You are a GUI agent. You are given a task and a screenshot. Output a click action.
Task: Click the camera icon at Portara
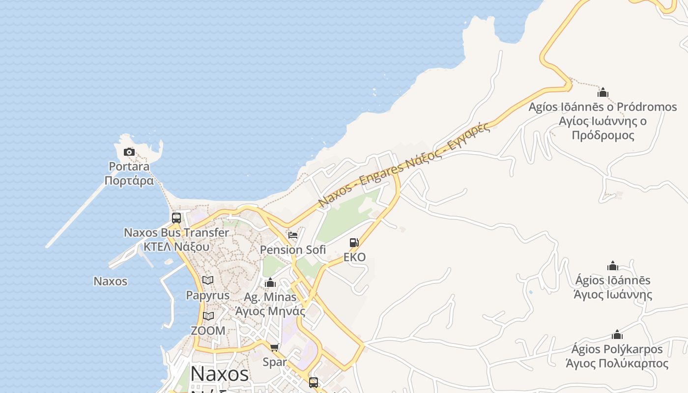coord(129,152)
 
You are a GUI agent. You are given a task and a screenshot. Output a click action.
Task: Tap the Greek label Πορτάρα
coord(129,181)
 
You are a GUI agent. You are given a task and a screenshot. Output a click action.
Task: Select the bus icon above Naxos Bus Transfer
coord(176,218)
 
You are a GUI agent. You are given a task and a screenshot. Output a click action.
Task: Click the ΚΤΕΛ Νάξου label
coord(176,247)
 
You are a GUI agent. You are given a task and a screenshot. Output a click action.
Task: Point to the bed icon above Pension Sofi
coord(293,235)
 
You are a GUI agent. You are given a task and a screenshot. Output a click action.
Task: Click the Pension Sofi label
coord(293,250)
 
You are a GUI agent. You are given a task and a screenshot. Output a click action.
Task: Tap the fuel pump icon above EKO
coord(354,243)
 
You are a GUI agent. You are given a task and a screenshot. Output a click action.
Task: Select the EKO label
coord(354,257)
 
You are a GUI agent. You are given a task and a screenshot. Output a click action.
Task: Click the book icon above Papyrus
coord(208,281)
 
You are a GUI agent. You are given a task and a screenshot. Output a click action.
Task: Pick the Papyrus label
coord(207,295)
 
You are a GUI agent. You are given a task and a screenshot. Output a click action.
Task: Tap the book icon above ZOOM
coord(208,316)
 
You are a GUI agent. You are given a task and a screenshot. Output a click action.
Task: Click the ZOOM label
coord(208,331)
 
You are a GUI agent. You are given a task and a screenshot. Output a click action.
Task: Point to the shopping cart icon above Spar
coord(275,348)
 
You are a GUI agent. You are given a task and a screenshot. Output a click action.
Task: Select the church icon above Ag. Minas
coord(270,283)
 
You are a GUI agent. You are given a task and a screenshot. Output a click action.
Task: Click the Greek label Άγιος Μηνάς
coord(270,311)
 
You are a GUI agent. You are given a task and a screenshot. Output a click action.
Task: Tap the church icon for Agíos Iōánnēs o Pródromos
coord(603,92)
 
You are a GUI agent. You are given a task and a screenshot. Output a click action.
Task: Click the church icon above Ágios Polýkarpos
coord(617,335)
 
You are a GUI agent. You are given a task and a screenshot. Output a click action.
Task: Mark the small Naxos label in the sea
coord(111,281)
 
